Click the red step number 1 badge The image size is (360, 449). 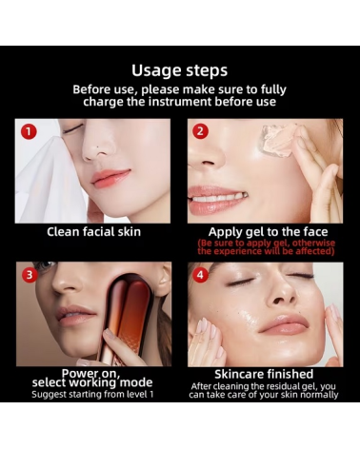(29, 131)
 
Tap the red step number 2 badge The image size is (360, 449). (200, 131)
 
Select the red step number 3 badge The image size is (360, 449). (30, 275)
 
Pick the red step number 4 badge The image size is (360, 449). (200, 275)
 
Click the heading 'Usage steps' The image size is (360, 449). (180, 70)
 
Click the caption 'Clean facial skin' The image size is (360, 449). (93, 232)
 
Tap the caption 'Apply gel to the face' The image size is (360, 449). (268, 232)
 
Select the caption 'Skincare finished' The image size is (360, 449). (264, 374)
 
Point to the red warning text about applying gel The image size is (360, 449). (266, 247)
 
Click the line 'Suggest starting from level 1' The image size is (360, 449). (92, 395)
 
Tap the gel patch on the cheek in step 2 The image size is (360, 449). (278, 140)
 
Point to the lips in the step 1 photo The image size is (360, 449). (110, 178)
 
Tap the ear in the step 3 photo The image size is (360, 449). (164, 278)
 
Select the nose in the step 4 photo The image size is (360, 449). (279, 297)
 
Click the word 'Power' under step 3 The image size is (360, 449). (76, 373)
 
